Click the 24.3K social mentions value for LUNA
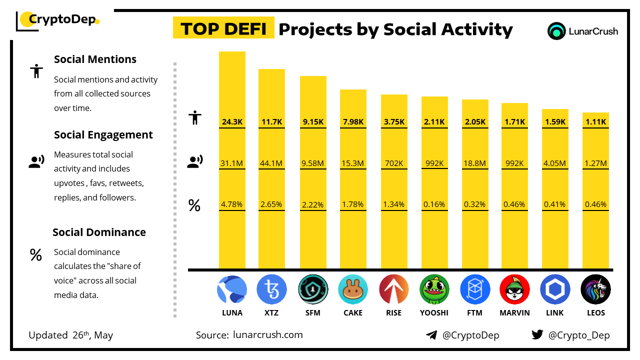pyautogui.click(x=232, y=122)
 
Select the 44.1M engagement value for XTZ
pyautogui.click(x=271, y=163)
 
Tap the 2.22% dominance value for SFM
pyautogui.click(x=313, y=204)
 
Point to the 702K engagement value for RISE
pyautogui.click(x=394, y=163)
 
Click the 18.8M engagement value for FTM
pyautogui.click(x=475, y=163)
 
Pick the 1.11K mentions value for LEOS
pyautogui.click(x=595, y=122)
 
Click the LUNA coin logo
pyautogui.click(x=232, y=289)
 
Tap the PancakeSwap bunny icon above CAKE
pyautogui.click(x=353, y=289)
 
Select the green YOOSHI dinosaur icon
pyautogui.click(x=434, y=289)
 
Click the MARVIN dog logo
pyautogui.click(x=514, y=289)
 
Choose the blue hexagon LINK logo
pyautogui.click(x=555, y=289)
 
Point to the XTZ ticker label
pyautogui.click(x=271, y=313)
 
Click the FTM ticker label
pyautogui.click(x=475, y=313)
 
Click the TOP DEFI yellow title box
pyautogui.click(x=223, y=28)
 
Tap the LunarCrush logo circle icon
pyautogui.click(x=556, y=31)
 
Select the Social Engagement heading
pyautogui.click(x=103, y=135)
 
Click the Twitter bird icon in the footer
pyautogui.click(x=537, y=334)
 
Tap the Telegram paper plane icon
pyautogui.click(x=431, y=335)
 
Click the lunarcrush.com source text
pyautogui.click(x=267, y=335)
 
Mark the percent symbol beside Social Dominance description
pyautogui.click(x=35, y=255)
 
